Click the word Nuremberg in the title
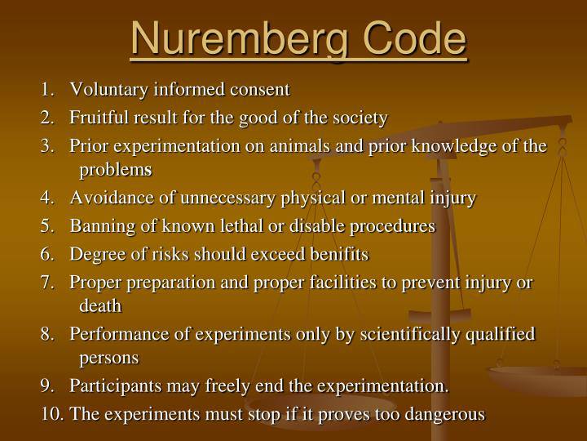click(x=241, y=39)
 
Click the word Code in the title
click(x=414, y=38)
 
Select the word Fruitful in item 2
click(x=99, y=118)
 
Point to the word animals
click(x=300, y=146)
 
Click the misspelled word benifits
click(x=339, y=254)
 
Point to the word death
click(x=100, y=305)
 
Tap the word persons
click(x=109, y=359)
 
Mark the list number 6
click(x=47, y=254)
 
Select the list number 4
click(x=47, y=198)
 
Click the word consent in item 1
click(x=260, y=90)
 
